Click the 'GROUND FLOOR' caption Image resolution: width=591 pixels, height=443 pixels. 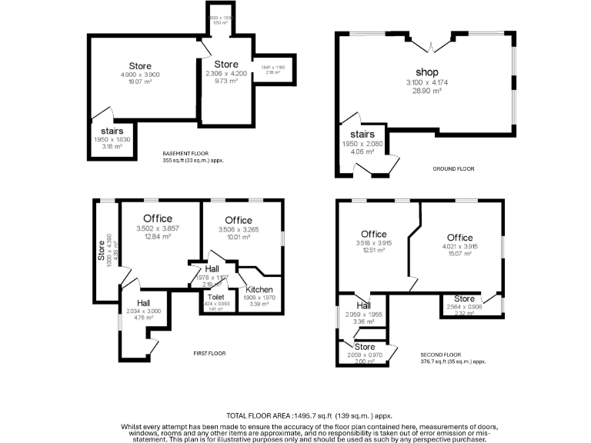coord(455,168)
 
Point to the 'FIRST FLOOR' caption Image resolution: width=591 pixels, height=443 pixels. coord(209,353)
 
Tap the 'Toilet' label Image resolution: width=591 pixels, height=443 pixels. coord(215,296)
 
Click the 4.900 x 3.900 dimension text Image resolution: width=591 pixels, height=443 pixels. coord(140,75)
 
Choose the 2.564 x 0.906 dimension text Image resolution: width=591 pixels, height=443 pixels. coord(464,306)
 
